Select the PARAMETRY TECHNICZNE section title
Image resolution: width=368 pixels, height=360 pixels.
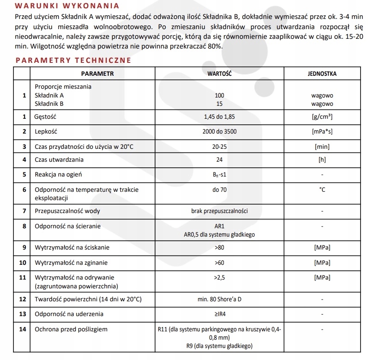(73, 60)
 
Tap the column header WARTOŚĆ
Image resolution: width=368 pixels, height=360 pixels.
(219, 73)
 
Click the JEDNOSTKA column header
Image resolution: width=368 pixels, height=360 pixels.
(322, 73)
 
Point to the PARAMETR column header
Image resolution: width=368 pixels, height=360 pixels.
(97, 73)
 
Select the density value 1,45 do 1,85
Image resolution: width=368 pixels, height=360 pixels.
(219, 117)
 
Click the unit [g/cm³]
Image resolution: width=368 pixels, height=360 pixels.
(322, 117)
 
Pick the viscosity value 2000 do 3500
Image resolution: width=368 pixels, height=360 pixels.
(219, 132)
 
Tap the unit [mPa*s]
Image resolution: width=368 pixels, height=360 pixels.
(322, 132)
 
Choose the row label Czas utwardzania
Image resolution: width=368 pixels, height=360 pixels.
(59, 160)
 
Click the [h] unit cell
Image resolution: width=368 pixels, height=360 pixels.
(322, 160)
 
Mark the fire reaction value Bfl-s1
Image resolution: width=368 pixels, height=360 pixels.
(219, 175)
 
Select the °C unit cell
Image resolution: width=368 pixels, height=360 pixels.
(322, 189)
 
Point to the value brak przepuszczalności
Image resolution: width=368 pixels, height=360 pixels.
(219, 211)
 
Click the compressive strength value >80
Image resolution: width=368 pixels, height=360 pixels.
(219, 248)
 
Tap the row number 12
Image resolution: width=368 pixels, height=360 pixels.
(22, 299)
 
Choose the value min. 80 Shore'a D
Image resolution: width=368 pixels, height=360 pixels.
(219, 299)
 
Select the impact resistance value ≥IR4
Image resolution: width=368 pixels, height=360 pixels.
(219, 314)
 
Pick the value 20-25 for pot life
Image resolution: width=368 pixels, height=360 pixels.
(219, 146)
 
